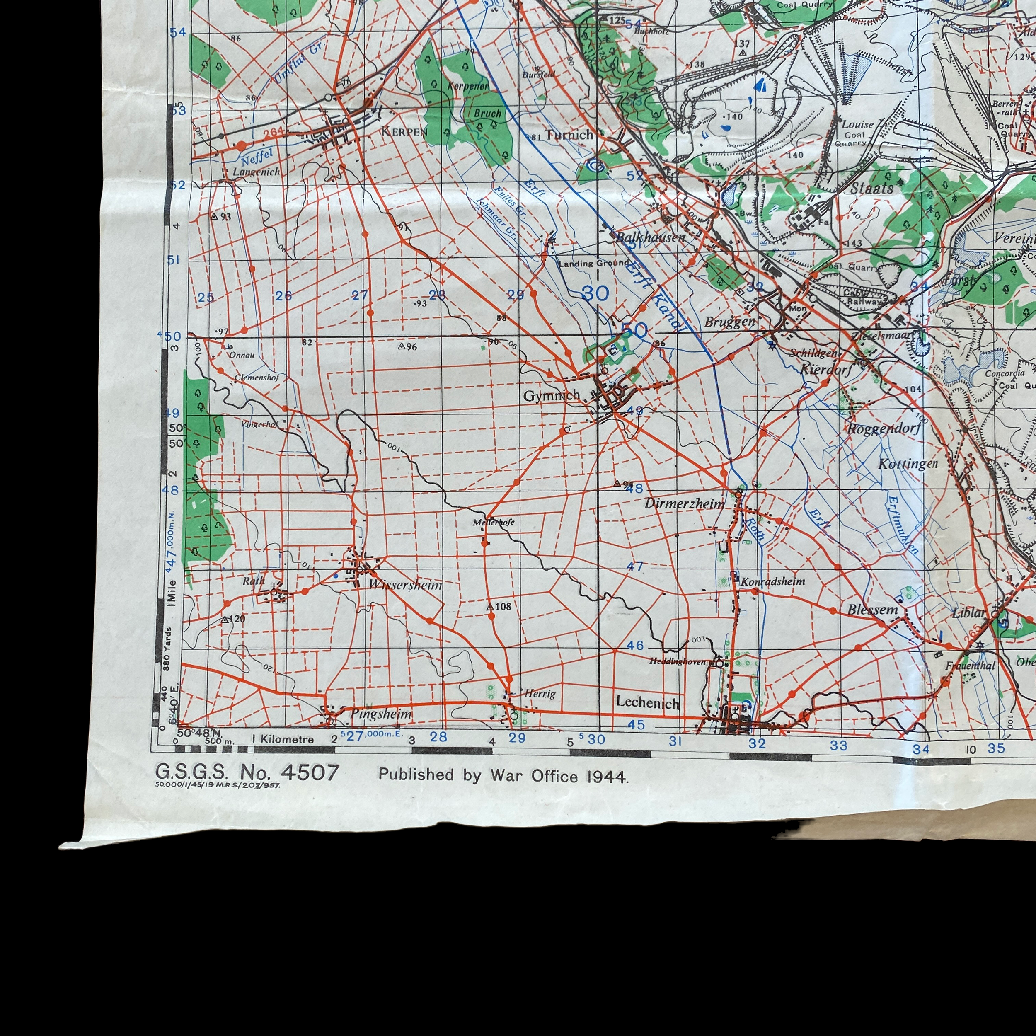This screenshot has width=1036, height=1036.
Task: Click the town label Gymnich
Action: pos(551,396)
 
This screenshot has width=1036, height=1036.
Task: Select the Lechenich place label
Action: pos(647,702)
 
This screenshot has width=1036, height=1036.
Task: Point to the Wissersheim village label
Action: pos(405,585)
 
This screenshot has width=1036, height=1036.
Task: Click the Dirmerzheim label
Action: pos(684,503)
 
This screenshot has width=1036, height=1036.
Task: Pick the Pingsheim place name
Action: pos(381,714)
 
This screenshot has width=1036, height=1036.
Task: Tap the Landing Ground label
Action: pos(593,263)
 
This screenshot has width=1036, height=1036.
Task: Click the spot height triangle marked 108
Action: pos(489,607)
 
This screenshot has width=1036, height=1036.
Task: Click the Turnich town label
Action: pos(569,135)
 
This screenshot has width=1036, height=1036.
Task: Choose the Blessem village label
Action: pos(872,610)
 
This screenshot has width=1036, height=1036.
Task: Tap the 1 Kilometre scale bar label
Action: pos(283,739)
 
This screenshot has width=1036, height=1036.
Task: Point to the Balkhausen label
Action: pos(650,237)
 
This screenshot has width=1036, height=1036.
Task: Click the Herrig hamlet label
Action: pos(540,694)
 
